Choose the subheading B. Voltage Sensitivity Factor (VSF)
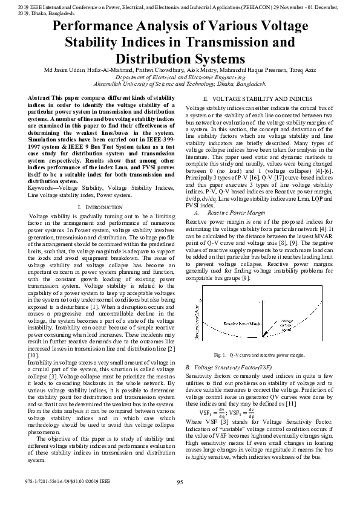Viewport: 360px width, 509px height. point(227,367)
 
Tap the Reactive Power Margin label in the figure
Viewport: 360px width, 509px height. point(242,324)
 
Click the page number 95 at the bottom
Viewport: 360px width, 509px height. point(180,482)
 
